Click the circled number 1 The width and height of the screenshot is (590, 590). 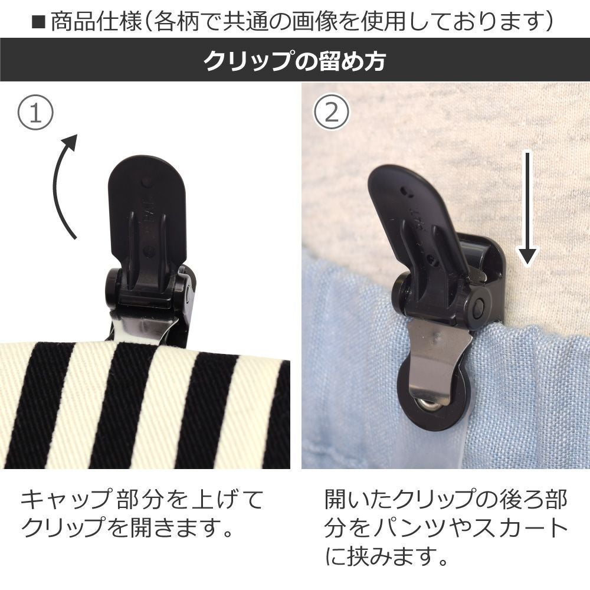pos(35,112)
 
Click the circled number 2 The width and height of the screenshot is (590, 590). pos(332,112)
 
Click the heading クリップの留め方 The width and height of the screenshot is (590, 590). pos(295,61)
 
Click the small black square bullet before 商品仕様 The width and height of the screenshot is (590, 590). pos(38,22)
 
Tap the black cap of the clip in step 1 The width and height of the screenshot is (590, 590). pos(147,211)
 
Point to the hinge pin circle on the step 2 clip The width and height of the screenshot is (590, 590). pos(480,306)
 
